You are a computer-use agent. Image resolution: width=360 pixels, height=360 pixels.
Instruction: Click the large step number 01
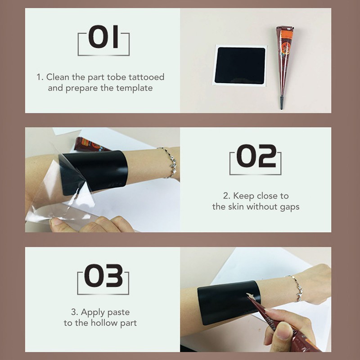click(103, 37)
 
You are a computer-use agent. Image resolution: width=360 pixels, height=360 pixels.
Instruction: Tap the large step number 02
click(256, 156)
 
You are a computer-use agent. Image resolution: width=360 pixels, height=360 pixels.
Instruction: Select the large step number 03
click(103, 275)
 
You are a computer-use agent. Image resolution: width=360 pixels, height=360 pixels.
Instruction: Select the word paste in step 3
click(118, 312)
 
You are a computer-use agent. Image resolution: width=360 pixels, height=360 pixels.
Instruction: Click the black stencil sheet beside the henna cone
click(240, 66)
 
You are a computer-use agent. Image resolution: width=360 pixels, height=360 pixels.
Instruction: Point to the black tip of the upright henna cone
click(281, 103)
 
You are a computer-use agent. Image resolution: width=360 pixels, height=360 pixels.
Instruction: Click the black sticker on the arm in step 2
click(94, 172)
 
